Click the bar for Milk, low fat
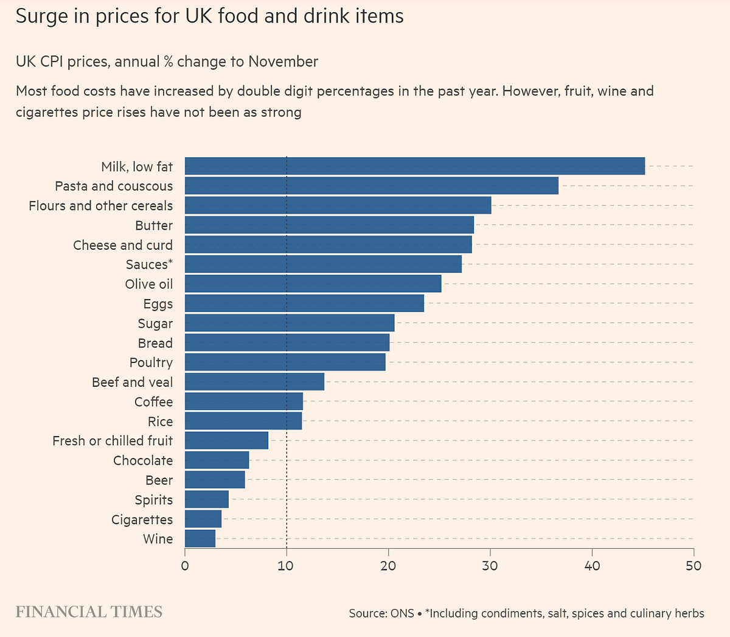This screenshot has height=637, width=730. click(x=414, y=166)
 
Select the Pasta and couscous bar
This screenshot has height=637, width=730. click(x=371, y=186)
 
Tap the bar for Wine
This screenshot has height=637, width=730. click(x=200, y=538)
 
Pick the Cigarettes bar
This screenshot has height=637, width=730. click(x=203, y=519)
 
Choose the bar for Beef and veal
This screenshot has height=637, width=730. click(x=254, y=382)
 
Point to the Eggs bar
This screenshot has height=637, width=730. click(x=304, y=303)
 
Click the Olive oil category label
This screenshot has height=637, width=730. click(x=148, y=284)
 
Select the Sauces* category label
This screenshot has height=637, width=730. click(x=149, y=264)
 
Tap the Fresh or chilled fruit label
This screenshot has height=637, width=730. click(x=113, y=440)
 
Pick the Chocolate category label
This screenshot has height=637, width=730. click(x=143, y=460)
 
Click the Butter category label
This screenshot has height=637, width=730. click(x=154, y=225)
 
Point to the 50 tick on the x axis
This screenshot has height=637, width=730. click(x=693, y=565)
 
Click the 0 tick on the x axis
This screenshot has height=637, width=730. click(x=185, y=565)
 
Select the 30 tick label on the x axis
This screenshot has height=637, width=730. click(x=490, y=565)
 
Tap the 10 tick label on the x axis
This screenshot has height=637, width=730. click(x=287, y=565)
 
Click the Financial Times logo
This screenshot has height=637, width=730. click(x=89, y=611)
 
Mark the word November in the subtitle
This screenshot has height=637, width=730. click(x=283, y=62)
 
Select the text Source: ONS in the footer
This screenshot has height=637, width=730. click(x=381, y=613)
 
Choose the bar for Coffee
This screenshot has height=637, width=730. click(x=243, y=401)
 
